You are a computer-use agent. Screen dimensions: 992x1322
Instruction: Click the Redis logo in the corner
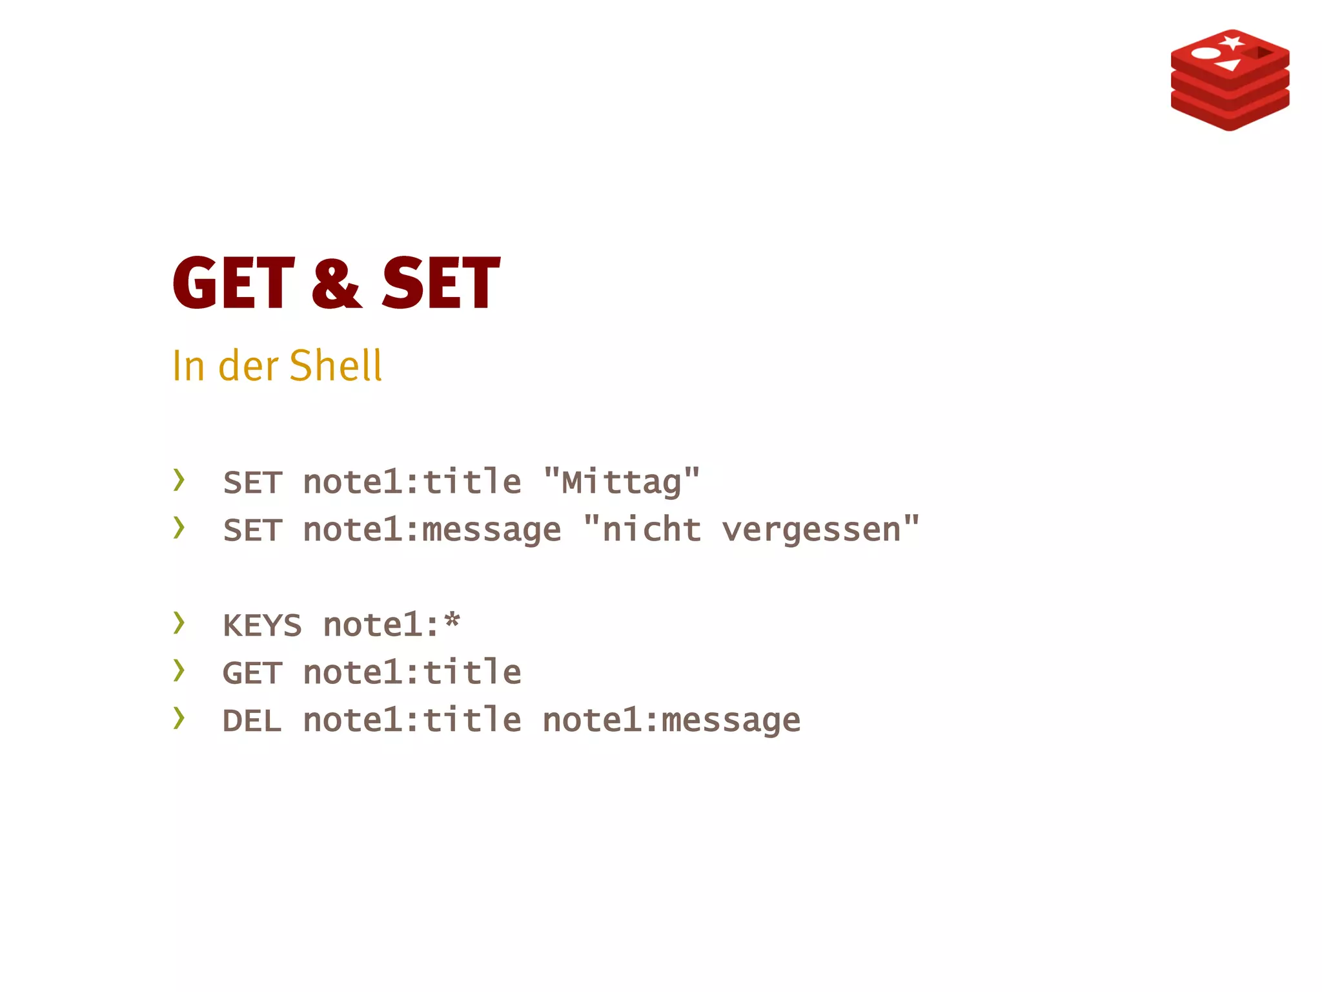[1230, 79]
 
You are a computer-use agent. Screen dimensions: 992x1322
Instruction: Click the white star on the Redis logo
[1232, 43]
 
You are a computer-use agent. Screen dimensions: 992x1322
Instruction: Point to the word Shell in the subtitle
[336, 366]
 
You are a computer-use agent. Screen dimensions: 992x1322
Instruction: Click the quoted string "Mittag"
[621, 482]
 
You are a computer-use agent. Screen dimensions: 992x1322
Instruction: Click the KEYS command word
[262, 626]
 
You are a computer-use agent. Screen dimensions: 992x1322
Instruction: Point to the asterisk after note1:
[452, 622]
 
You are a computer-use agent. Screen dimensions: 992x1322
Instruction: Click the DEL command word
[252, 721]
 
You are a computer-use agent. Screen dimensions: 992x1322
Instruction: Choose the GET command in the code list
[252, 674]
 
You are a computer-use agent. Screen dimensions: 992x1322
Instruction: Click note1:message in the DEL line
[671, 721]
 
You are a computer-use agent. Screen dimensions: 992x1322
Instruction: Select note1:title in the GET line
[412, 673]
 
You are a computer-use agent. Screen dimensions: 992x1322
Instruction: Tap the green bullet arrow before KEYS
[179, 623]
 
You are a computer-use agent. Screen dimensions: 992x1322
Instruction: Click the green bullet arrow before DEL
[179, 718]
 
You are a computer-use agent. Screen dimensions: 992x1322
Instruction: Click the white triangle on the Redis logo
[1228, 65]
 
